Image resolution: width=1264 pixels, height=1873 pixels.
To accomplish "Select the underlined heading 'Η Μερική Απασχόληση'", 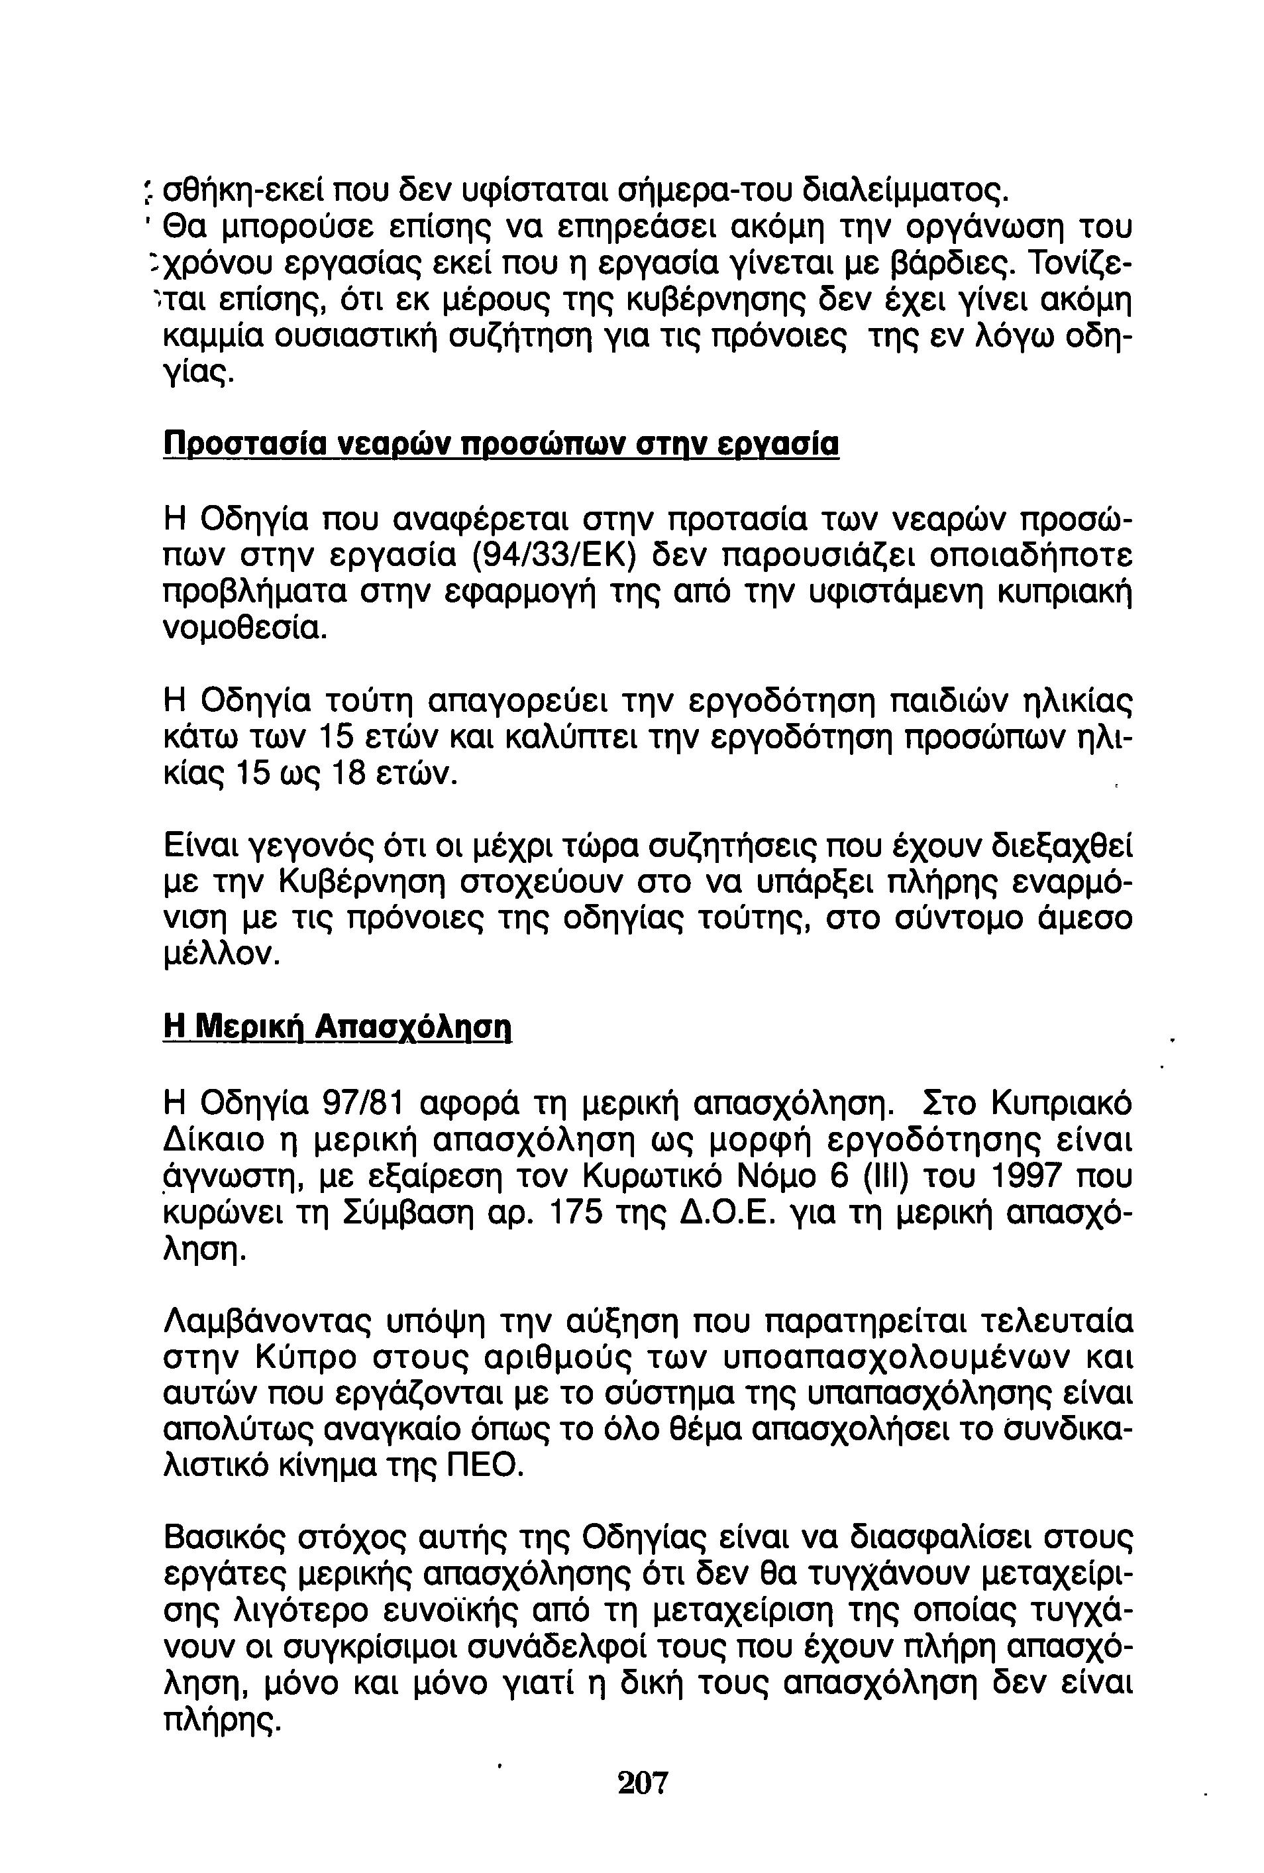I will pyautogui.click(x=337, y=1026).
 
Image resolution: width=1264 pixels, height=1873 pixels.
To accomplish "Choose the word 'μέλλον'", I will pyautogui.click(x=221, y=955).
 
